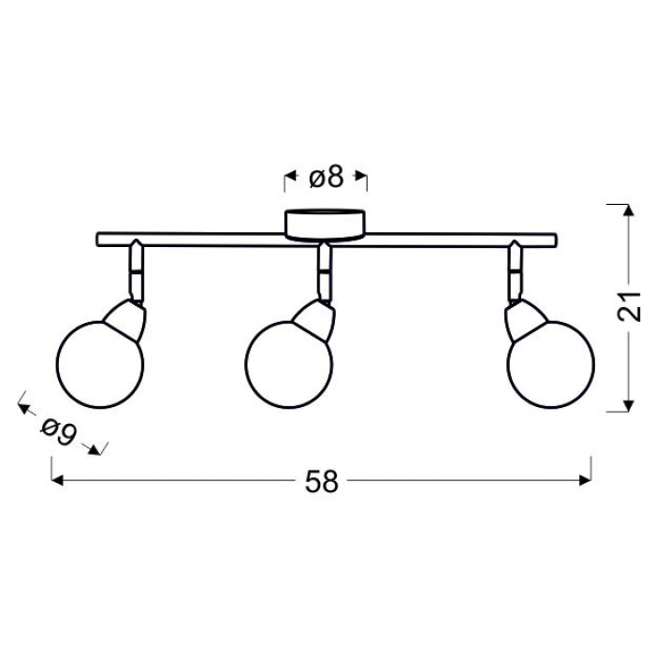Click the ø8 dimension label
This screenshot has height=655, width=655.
click(327, 179)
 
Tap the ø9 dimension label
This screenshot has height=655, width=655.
click(59, 431)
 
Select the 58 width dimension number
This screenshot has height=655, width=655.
click(321, 482)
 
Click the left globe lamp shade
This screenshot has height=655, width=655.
click(100, 364)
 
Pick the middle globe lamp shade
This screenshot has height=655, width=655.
click(288, 364)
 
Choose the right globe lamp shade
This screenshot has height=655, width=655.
click(550, 364)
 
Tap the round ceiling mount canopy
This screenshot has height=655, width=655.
click(325, 226)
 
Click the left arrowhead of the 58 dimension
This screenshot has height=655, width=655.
click(57, 480)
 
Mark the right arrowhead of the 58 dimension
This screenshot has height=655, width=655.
click(586, 480)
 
